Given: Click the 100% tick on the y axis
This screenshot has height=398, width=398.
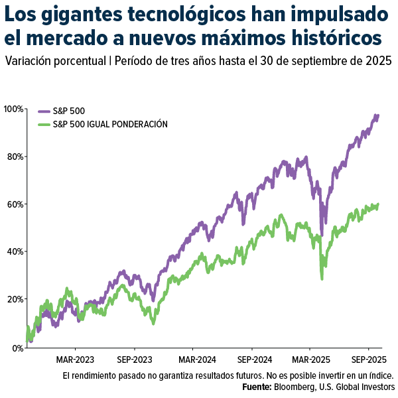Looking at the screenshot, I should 13,109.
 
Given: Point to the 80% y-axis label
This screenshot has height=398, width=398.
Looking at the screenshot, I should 14,157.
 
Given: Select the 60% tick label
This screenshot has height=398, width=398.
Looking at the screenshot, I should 14,204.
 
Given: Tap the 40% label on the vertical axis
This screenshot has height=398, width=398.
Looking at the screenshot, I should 14,252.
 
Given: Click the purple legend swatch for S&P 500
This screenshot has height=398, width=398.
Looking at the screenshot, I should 44,111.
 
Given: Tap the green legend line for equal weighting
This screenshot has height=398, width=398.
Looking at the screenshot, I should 44,124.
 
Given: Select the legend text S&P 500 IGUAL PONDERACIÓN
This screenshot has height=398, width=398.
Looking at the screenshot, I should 110,124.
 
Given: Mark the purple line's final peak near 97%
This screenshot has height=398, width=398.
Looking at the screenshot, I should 377,115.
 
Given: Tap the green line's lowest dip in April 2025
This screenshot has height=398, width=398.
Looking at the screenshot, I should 322,279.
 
